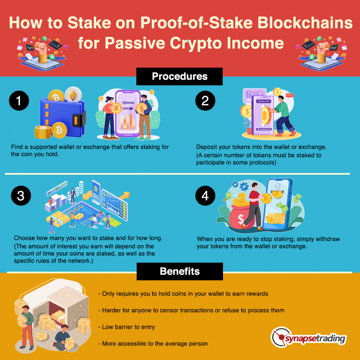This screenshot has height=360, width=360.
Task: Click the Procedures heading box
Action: click(179, 77)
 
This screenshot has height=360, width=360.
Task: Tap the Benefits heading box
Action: click(180, 271)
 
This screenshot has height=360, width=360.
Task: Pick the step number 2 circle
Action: click(205, 101)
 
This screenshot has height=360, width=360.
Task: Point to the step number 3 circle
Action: click(21, 195)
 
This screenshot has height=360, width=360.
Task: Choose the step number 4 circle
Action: click(205, 195)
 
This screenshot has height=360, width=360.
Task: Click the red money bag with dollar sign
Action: click(241, 218)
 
